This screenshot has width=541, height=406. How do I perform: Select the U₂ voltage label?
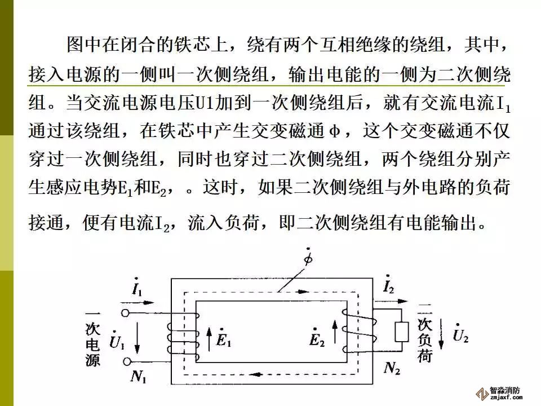click(x=460, y=337)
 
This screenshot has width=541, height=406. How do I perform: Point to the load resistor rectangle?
click(x=402, y=333)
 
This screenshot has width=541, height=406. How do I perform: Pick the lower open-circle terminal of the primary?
click(x=127, y=361)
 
